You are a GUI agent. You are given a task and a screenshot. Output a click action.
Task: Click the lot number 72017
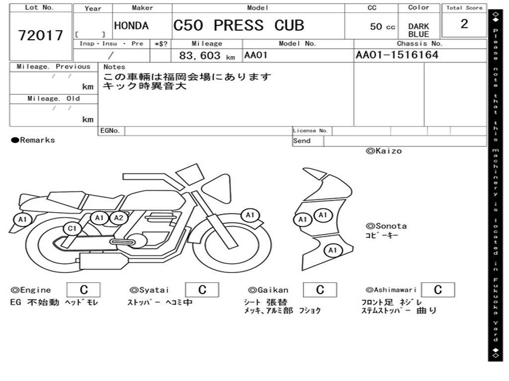tap(41, 35)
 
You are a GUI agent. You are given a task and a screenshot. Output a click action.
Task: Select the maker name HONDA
tap(131, 26)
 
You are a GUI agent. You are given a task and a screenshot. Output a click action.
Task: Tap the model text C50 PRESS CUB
tap(239, 26)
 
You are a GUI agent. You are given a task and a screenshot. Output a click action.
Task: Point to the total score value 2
tap(464, 24)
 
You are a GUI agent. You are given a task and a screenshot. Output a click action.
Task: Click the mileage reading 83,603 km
tap(207, 56)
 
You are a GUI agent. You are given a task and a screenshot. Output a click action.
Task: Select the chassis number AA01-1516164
tap(397, 55)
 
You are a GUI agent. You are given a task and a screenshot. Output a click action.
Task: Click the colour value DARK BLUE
tap(419, 30)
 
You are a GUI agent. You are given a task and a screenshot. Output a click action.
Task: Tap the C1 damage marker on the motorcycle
tap(72, 229)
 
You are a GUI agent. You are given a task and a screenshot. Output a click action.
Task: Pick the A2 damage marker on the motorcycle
tap(119, 218)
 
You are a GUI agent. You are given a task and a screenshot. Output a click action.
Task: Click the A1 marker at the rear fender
tap(22, 220)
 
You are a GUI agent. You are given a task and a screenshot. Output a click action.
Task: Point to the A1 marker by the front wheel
tap(250, 215)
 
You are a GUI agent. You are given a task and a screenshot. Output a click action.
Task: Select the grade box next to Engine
tap(84, 290)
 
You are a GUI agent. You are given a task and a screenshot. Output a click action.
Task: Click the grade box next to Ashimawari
tap(438, 290)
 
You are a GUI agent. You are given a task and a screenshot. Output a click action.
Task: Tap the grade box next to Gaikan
tap(320, 290)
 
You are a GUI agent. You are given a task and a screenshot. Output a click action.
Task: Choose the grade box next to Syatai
tap(202, 290)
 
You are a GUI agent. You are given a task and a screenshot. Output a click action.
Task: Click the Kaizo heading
tap(384, 151)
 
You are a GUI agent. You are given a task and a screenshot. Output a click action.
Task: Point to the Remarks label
tap(33, 140)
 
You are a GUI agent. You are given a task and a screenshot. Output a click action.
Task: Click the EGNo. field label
tap(110, 130)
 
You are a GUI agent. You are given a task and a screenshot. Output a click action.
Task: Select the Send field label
tap(302, 141)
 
